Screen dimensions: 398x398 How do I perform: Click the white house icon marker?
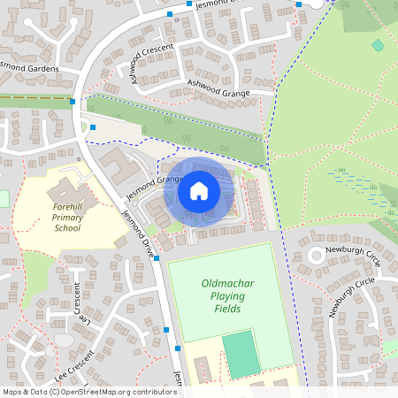199,190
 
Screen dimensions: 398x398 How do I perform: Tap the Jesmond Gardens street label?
31,67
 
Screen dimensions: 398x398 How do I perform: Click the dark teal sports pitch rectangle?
241,354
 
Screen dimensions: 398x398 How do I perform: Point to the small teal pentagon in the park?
378,44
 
